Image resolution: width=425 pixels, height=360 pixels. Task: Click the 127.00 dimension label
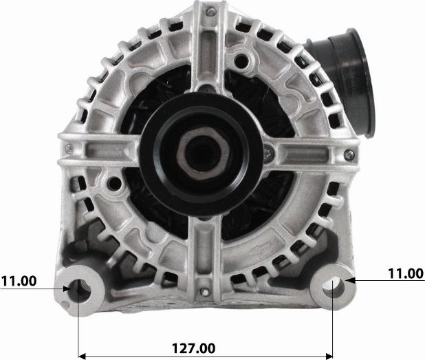194,348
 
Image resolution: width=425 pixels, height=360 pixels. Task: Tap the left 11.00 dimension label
19,281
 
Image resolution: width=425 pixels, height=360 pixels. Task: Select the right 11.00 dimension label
406,274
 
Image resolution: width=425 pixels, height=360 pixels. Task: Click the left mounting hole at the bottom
80,290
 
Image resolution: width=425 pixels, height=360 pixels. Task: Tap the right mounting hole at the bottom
334,287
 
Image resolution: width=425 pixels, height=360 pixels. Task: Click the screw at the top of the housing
211,12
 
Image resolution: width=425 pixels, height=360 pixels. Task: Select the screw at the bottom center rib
205,292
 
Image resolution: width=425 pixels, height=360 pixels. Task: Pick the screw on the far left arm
69,149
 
